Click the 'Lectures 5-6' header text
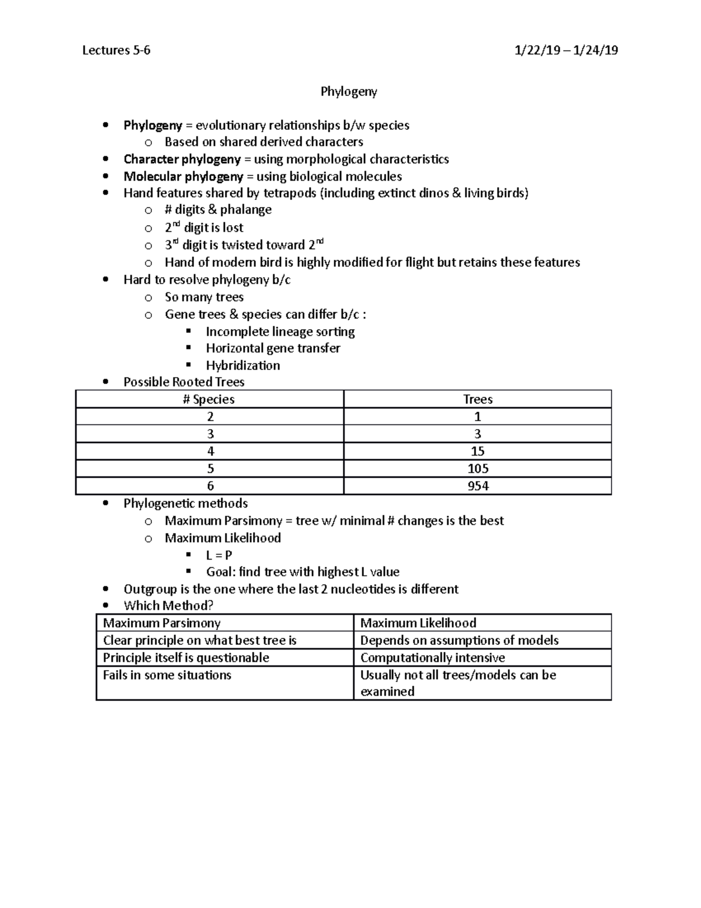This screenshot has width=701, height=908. point(116,50)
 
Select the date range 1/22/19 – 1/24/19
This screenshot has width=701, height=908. point(565,50)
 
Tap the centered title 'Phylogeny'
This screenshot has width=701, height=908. point(349,91)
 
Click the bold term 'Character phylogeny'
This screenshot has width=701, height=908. point(182,159)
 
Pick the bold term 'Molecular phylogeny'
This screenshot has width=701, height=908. point(183,176)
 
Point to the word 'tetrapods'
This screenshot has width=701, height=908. point(290,193)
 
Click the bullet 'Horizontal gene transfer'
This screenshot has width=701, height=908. point(273,348)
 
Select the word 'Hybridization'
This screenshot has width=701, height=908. point(242,365)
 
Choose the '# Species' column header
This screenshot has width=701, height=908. point(209,399)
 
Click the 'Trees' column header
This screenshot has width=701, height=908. point(477,399)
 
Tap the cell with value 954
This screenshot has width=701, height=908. point(477,486)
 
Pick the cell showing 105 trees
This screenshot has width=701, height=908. point(477,468)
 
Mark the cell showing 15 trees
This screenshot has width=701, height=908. point(477,451)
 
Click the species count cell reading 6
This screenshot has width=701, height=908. point(210,486)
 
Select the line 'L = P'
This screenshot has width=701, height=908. point(218,555)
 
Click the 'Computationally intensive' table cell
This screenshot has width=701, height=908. point(432,657)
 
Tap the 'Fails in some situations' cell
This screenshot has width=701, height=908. point(167,675)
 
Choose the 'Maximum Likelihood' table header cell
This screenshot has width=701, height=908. point(418,623)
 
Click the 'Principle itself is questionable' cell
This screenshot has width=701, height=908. point(186,657)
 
